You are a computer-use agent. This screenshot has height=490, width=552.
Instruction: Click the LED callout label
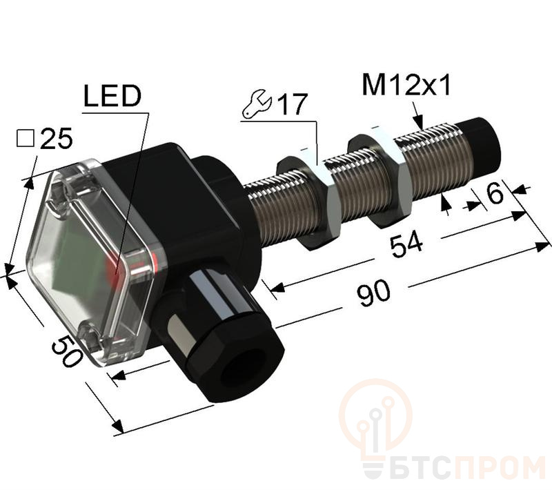112,96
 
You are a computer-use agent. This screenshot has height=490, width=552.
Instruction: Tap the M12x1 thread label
406,86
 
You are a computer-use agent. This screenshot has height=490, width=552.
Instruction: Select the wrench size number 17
292,104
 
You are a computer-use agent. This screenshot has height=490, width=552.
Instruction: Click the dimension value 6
495,193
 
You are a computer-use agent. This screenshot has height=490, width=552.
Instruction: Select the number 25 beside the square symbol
57,138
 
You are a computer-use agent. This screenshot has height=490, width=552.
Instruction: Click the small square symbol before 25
26,138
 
